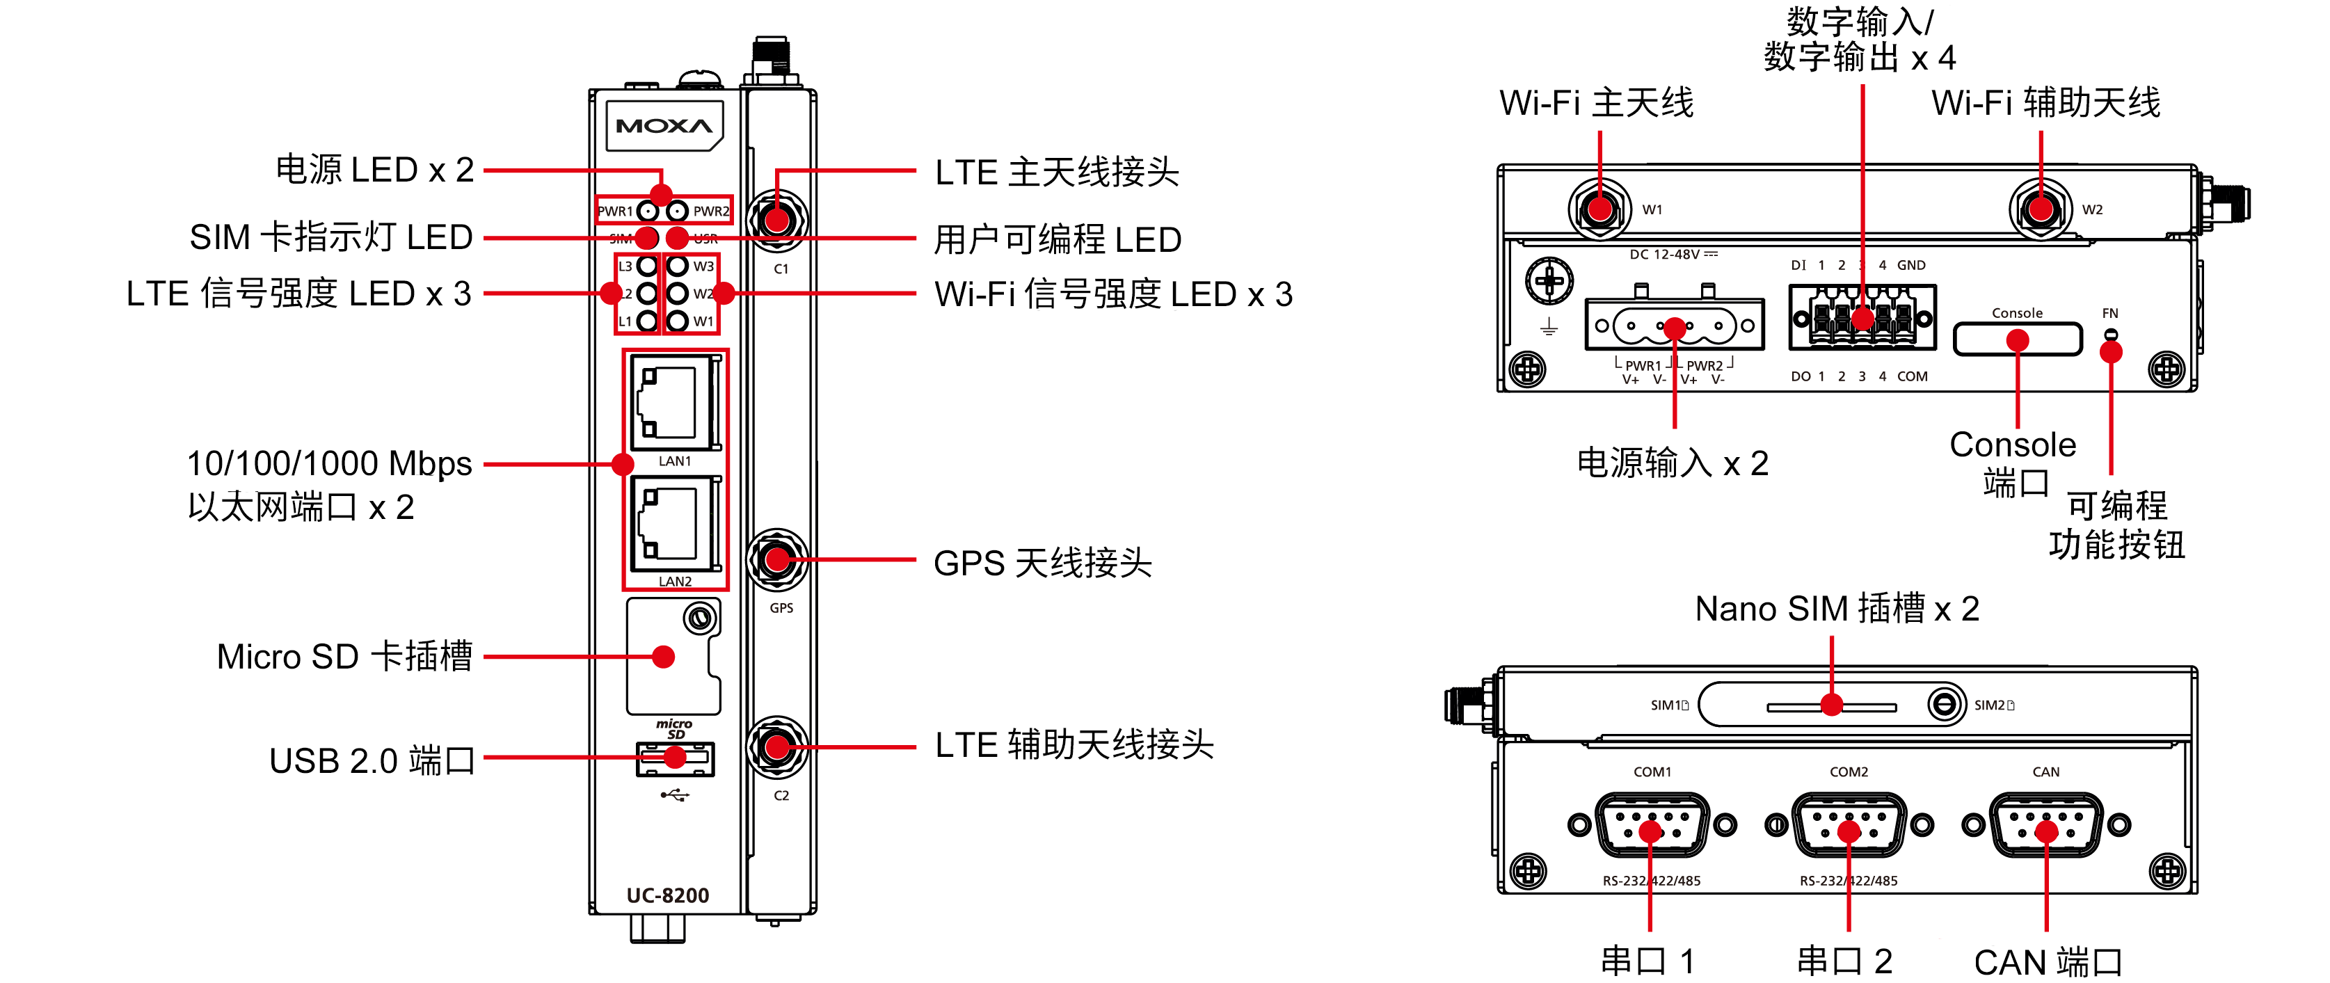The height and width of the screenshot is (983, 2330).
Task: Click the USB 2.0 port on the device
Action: tap(676, 759)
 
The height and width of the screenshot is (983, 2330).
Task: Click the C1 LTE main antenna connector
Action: tap(778, 219)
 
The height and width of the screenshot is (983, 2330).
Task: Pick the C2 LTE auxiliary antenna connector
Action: tap(778, 747)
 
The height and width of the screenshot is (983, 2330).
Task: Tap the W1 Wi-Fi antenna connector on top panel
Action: tap(1600, 208)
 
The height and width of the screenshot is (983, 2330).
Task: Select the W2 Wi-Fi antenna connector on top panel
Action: tap(2041, 208)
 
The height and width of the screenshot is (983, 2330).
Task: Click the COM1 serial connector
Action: tap(1652, 825)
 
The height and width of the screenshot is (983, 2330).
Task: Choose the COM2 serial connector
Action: tap(1849, 825)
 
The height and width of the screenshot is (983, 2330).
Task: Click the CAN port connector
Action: tap(2046, 825)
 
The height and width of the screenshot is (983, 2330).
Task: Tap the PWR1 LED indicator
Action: tap(648, 211)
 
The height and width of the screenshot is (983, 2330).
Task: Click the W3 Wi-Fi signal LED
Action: tap(678, 266)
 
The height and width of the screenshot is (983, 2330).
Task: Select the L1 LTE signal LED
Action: tap(647, 321)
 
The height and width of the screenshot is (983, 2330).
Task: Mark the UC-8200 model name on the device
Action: tap(667, 895)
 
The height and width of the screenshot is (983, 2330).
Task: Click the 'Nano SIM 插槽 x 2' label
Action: tap(1836, 609)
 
